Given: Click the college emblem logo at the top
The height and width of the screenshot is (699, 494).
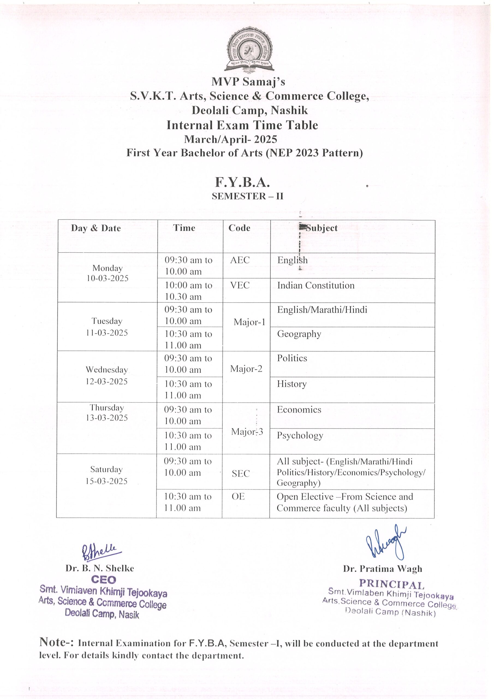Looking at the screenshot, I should click(x=248, y=50).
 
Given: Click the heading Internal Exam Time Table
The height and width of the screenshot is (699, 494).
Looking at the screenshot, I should click(x=242, y=125).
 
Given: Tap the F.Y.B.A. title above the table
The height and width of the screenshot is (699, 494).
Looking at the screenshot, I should click(x=242, y=182).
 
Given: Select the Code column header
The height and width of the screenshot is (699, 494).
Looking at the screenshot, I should click(x=239, y=228).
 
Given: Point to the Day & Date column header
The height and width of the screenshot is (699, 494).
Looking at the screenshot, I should click(x=96, y=228).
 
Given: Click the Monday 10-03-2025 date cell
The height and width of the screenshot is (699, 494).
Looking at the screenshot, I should click(x=108, y=273).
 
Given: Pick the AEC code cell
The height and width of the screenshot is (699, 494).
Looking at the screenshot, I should click(x=240, y=260).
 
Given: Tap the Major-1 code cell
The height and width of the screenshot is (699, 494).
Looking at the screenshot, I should click(x=249, y=322).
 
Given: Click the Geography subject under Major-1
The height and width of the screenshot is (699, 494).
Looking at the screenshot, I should click(x=299, y=334).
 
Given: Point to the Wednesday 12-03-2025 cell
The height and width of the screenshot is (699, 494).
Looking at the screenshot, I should click(x=106, y=375).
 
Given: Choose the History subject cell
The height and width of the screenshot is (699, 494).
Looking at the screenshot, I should click(x=291, y=384).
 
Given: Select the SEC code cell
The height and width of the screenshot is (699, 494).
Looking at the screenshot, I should click(x=240, y=473).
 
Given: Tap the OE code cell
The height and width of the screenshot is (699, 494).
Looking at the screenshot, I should click(x=238, y=497).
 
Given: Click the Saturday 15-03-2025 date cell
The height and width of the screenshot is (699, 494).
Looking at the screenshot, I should click(x=106, y=475).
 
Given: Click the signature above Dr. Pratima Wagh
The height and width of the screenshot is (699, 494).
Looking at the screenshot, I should click(x=386, y=543).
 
